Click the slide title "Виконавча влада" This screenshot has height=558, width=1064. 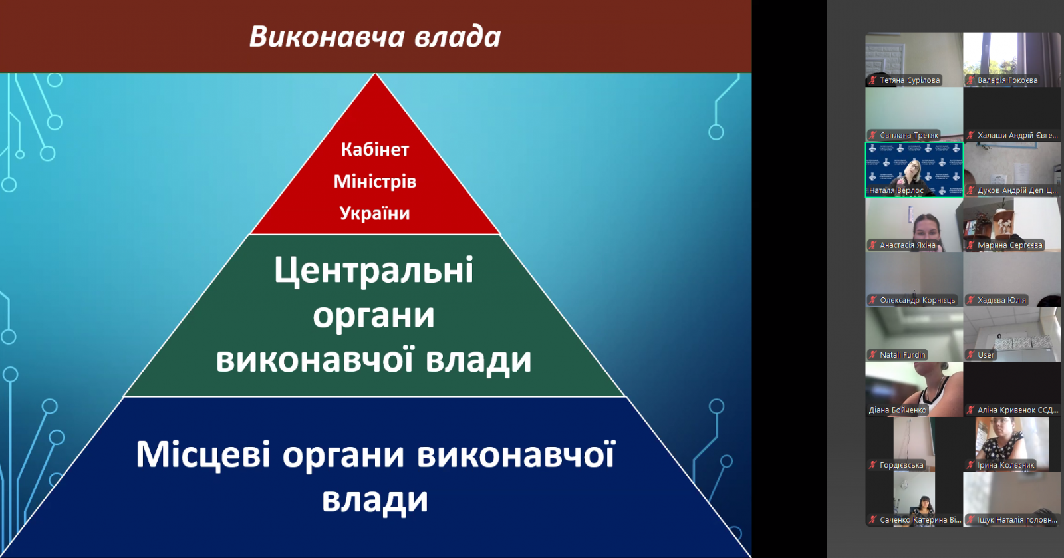click(x=375, y=37)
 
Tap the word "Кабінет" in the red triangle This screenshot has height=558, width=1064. click(x=375, y=150)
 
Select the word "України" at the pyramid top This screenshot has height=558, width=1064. click(x=375, y=213)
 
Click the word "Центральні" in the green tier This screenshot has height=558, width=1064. click(x=374, y=271)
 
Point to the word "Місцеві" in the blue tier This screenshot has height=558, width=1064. click(x=203, y=454)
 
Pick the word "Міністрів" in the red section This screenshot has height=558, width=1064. click(x=375, y=182)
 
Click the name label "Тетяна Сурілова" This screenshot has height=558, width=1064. click(x=910, y=80)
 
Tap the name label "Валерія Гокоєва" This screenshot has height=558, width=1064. click(x=1007, y=80)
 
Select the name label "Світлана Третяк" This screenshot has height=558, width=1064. click(x=909, y=136)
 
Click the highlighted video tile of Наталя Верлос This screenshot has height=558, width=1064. click(x=914, y=170)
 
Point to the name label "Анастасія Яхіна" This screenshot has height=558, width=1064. click(x=908, y=245)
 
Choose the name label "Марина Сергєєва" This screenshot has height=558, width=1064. click(x=1010, y=245)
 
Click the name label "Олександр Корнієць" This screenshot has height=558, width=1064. click(x=917, y=300)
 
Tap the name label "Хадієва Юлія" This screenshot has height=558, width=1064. click(x=1001, y=300)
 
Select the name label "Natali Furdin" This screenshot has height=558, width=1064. click(x=902, y=354)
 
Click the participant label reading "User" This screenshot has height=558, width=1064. click(x=986, y=354)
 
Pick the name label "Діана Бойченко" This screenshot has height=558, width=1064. click(x=897, y=410)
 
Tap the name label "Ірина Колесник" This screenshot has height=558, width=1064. click(x=1005, y=465)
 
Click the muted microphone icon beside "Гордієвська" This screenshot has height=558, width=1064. click(x=872, y=465)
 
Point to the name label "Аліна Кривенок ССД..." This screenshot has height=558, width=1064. click(x=1018, y=410)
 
